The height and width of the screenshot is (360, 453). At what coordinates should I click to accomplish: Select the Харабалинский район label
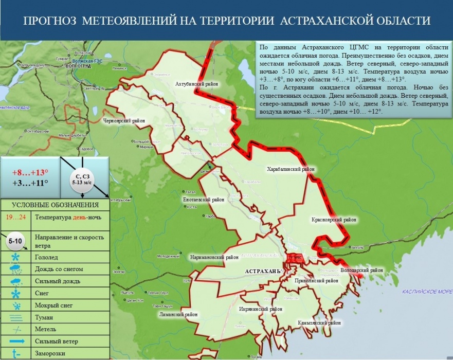[291, 169]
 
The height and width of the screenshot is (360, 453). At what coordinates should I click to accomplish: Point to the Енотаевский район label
[204, 199]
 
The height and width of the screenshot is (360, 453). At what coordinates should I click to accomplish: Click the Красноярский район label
[334, 220]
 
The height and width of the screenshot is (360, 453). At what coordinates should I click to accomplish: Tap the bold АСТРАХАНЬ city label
[262, 271]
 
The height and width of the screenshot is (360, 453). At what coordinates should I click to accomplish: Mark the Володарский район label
[362, 270]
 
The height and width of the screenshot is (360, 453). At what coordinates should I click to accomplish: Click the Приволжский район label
[316, 281]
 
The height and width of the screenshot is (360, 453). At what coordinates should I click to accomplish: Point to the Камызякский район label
[319, 323]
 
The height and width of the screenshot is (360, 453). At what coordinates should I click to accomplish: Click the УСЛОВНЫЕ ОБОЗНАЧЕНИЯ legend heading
[56, 205]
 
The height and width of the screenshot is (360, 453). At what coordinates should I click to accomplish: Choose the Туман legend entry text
[44, 316]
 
